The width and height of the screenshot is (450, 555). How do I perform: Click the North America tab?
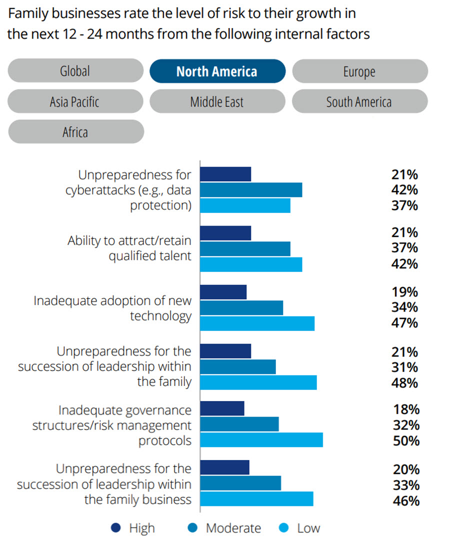(217, 71)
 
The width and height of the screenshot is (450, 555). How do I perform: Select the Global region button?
(75, 71)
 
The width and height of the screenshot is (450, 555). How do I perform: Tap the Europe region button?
(359, 71)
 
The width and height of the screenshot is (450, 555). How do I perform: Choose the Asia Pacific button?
(75, 101)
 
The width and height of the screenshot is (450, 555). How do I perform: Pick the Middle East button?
(217, 101)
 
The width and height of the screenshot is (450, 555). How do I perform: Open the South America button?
(359, 101)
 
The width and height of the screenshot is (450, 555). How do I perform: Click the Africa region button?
(75, 132)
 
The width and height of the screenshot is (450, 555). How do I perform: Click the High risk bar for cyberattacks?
(225, 174)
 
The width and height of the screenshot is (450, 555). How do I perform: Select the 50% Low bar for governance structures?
(261, 439)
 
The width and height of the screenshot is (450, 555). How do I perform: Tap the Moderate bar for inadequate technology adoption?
(241, 308)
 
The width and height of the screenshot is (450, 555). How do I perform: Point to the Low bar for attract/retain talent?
(250, 264)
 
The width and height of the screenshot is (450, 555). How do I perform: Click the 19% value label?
(404, 292)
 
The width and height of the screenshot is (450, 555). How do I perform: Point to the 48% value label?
(404, 383)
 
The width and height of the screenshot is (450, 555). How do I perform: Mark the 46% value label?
(404, 500)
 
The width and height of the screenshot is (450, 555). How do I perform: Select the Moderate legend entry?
(225, 528)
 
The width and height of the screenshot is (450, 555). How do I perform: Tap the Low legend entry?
(301, 528)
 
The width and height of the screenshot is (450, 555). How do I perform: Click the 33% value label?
(404, 485)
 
